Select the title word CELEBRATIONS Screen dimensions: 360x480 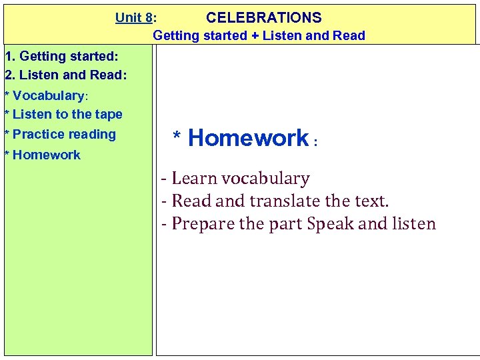click(264, 18)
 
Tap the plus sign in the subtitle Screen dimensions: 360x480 click(255, 36)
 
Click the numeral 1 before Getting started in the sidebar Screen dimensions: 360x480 click(8, 56)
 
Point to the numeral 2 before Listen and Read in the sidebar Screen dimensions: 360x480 click(8, 75)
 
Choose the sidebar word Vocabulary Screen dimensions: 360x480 click(48, 96)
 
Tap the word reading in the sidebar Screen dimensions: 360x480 click(92, 135)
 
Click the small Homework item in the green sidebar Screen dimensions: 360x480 click(46, 155)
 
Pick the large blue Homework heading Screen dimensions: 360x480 click(248, 138)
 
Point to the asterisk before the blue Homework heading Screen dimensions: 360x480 click(177, 138)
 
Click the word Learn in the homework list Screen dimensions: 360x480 click(194, 179)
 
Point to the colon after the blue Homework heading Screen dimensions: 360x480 click(315, 142)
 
